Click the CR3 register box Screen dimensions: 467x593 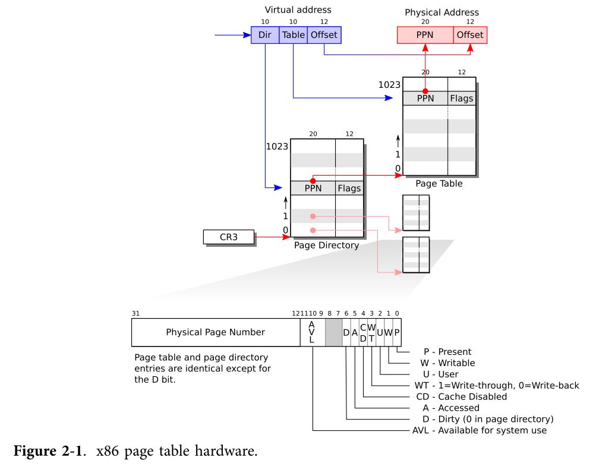tap(228, 237)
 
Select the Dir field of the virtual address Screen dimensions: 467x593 tap(264, 35)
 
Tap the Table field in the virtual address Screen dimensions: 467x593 tap(293, 35)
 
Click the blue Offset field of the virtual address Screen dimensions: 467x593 tap(324, 35)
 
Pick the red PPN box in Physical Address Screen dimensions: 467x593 tap(425, 35)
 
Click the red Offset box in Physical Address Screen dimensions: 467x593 tap(470, 35)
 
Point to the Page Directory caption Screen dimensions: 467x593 tap(326, 245)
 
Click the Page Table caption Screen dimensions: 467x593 tap(439, 184)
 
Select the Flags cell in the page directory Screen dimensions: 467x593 tap(349, 189)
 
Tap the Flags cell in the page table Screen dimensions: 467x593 tap(462, 99)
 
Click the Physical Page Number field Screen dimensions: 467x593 tap(215, 332)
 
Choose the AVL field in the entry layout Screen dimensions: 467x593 tap(311, 332)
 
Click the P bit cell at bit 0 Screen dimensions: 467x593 tap(397, 333)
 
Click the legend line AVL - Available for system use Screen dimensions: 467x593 tap(479, 430)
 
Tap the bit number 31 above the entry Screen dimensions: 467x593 tap(135, 313)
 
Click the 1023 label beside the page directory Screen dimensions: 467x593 tap(277, 147)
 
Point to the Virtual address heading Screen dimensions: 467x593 tap(298, 10)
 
